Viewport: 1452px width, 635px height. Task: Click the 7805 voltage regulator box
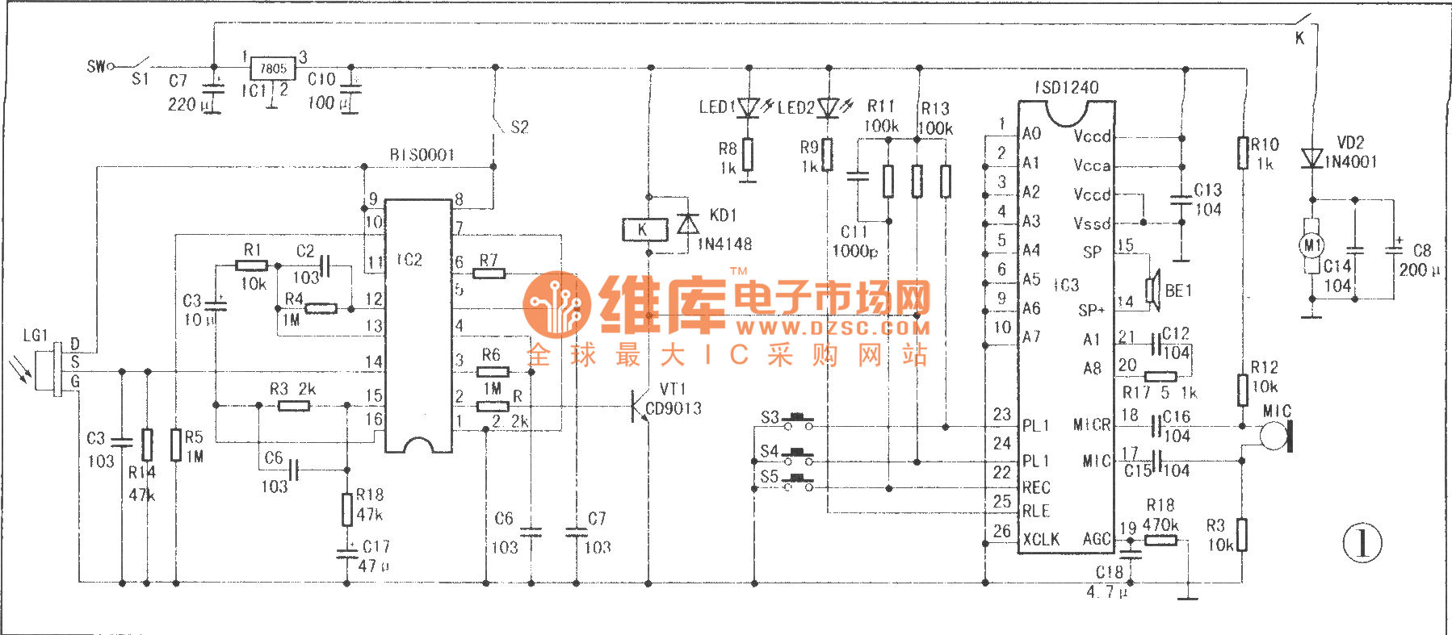pyautogui.click(x=273, y=69)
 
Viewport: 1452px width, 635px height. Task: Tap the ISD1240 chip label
pyautogui.click(x=1066, y=87)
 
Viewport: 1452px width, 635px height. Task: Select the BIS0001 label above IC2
pyautogui.click(x=422, y=154)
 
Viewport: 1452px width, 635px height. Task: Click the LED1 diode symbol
pyautogui.click(x=749, y=107)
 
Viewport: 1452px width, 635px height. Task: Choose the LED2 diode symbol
pyautogui.click(x=829, y=107)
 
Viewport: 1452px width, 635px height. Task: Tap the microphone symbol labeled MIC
pyautogui.click(x=1276, y=436)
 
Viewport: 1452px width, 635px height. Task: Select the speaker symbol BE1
pyautogui.click(x=1153, y=290)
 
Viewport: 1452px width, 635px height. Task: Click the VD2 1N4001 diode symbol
pyautogui.click(x=1312, y=158)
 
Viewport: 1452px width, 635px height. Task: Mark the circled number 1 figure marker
pyautogui.click(x=1362, y=542)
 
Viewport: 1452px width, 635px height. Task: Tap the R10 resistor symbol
pyautogui.click(x=1243, y=153)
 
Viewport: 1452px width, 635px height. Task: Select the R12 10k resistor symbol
pyautogui.click(x=1243, y=389)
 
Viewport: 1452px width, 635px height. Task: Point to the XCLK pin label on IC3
pyautogui.click(x=1041, y=539)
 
